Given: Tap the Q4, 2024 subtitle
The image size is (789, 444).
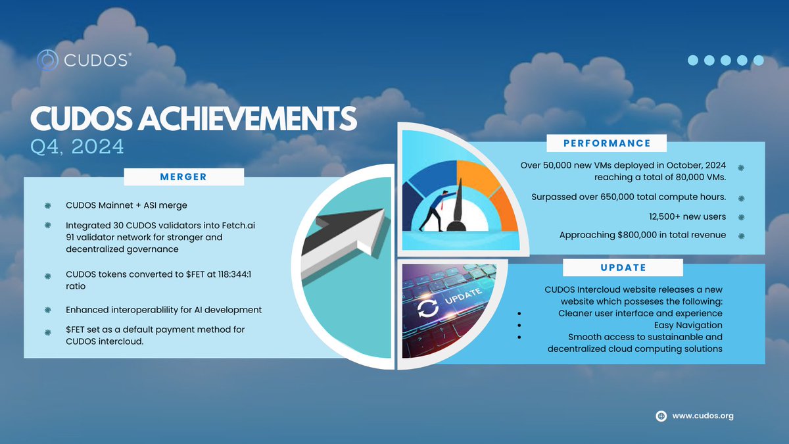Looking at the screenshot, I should (77, 146).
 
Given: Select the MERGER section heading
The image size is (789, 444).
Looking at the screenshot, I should (183, 177).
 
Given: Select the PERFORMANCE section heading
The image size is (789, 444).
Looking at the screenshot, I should (607, 143).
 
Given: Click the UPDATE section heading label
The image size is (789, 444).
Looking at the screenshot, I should (623, 268).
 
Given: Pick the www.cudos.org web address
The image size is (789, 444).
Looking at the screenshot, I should (702, 416).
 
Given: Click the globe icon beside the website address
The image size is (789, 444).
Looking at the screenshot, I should (661, 416).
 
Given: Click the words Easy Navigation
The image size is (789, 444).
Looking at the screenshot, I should (688, 325).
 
